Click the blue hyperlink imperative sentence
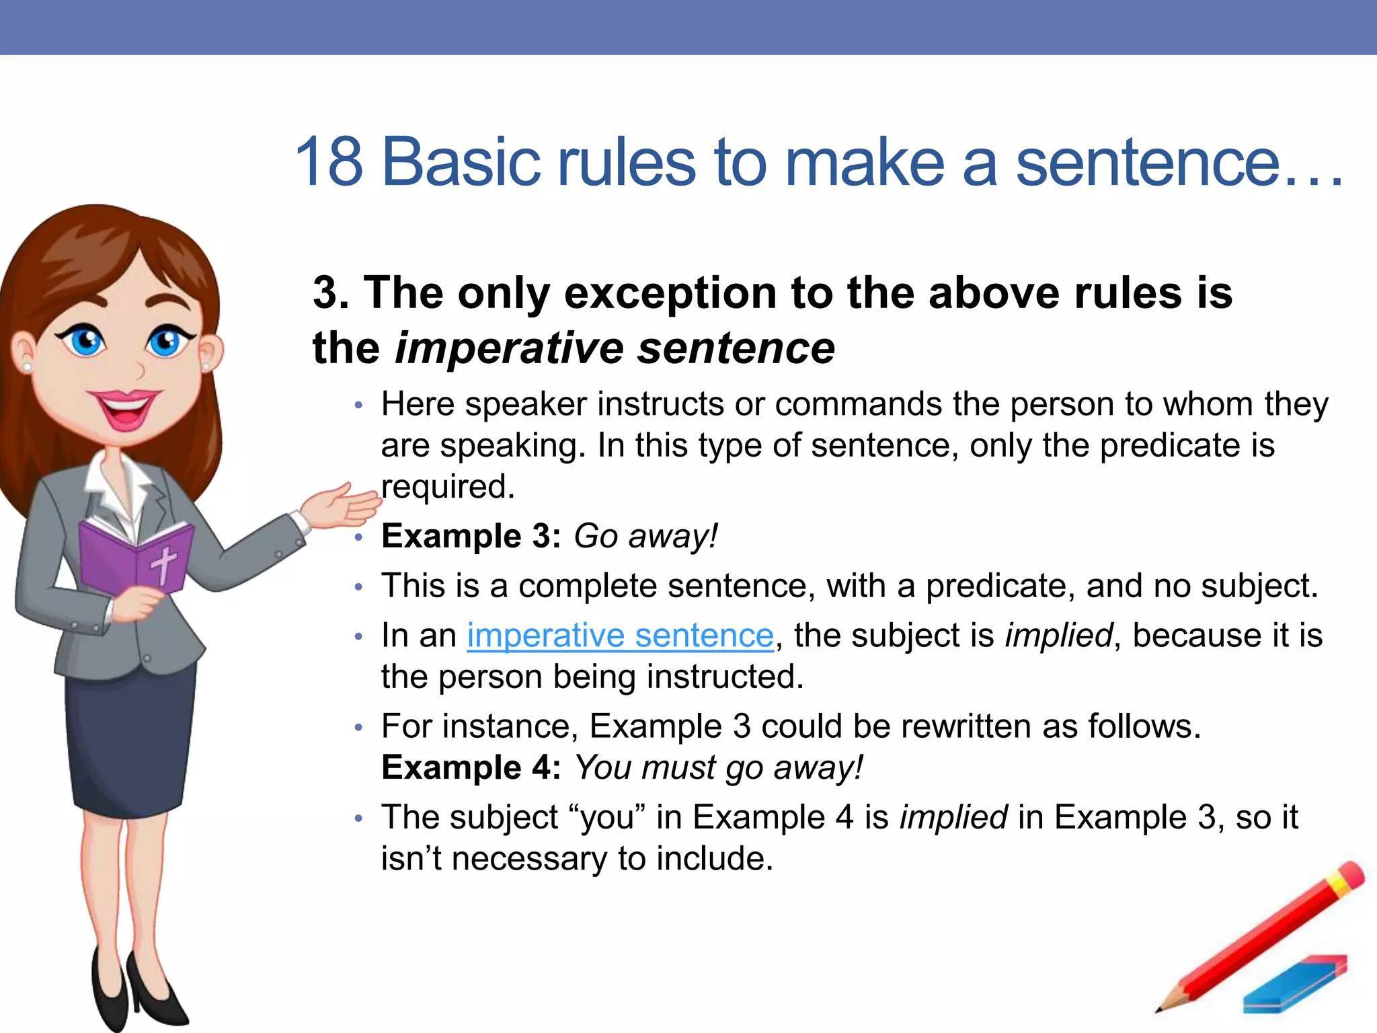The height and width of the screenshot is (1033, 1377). (x=620, y=636)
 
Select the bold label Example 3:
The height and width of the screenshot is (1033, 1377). (x=471, y=536)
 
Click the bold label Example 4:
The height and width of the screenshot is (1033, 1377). (x=471, y=767)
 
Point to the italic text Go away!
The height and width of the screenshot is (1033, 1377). (x=645, y=536)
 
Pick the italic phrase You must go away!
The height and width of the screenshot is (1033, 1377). (x=718, y=767)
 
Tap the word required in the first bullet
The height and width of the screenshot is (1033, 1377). (x=448, y=486)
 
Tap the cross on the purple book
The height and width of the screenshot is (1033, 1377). (x=163, y=564)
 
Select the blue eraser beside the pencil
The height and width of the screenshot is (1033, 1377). (x=1294, y=984)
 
